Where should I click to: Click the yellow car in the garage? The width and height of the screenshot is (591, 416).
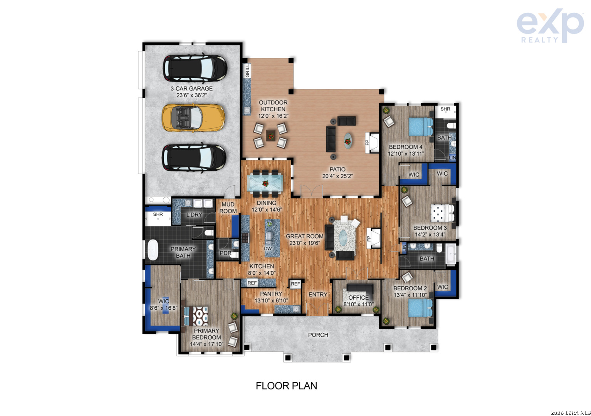193,117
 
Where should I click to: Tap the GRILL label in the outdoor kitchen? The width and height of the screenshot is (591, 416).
247,71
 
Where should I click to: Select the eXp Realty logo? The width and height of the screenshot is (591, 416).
550,25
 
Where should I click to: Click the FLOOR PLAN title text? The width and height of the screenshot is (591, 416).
286,386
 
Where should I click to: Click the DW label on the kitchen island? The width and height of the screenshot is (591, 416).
268,248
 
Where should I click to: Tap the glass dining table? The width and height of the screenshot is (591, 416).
265,183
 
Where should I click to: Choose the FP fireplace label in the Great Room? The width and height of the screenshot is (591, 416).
369,239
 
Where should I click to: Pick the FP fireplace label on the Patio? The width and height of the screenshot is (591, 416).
367,143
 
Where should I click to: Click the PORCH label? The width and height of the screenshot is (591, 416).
318,335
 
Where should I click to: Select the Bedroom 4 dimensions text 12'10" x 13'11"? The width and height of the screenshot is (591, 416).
406,154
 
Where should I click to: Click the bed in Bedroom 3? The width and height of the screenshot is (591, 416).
443,213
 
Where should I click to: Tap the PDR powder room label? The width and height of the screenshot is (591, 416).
226,253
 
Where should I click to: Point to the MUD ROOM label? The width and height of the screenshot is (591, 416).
228,208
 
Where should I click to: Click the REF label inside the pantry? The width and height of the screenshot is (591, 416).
295,284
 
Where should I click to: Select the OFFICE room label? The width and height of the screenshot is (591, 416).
359,298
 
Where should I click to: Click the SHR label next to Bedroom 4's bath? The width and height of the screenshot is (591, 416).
445,109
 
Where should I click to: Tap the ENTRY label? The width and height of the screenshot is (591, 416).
318,294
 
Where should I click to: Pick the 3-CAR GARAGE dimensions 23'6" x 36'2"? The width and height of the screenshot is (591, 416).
191,95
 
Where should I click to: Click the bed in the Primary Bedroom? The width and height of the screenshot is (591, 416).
196,316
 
